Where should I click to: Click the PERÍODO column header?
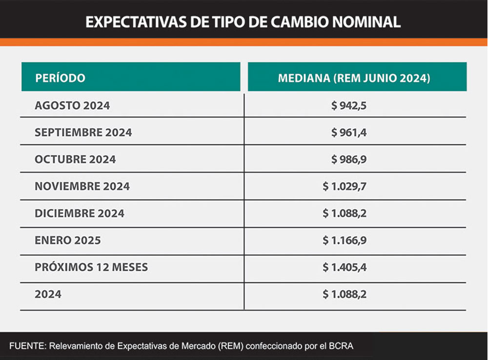60,78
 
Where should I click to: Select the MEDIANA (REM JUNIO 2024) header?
354,78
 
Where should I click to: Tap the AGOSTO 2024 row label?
72,105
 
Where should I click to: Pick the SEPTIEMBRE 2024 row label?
83,132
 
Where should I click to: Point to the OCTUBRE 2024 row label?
75,160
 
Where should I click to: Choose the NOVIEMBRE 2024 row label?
82,186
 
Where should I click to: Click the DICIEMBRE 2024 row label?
80,213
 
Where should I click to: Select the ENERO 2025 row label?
67,240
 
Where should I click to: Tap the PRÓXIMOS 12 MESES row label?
91,267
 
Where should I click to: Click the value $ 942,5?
348,105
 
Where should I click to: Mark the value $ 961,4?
348,132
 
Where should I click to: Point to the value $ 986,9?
348,160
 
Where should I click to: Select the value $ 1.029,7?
344,186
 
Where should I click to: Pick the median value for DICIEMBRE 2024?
344,213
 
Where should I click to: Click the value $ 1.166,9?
344,240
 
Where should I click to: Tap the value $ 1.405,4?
344,267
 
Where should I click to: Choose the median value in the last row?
344,294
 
